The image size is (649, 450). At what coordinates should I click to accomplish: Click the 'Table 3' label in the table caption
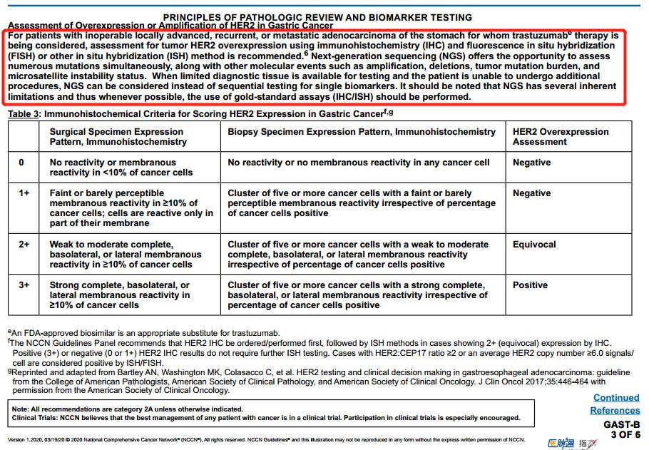[x=24, y=113]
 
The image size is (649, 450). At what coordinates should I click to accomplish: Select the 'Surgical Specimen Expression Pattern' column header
[x=116, y=136]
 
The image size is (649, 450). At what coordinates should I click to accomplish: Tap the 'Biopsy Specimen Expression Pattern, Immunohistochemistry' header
[x=362, y=132]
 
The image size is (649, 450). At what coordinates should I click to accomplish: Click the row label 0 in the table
[x=21, y=163]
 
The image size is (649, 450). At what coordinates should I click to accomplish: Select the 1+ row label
[x=24, y=193]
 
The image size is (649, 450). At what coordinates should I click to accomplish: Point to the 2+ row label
[x=24, y=245]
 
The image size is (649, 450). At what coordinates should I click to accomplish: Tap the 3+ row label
[x=24, y=285]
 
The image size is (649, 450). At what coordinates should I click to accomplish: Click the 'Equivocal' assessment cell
[x=534, y=245]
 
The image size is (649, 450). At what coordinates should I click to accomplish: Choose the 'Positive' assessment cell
[x=530, y=285]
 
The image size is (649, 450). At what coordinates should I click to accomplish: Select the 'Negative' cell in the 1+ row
[x=531, y=193]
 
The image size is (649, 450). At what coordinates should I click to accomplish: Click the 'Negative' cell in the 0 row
[x=531, y=163]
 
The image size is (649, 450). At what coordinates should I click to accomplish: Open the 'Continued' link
[x=616, y=398]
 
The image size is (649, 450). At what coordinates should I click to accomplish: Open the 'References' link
[x=615, y=410]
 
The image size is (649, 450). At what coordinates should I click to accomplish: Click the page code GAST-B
[x=621, y=424]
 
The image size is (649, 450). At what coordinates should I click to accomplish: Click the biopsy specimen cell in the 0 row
[x=358, y=163]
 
